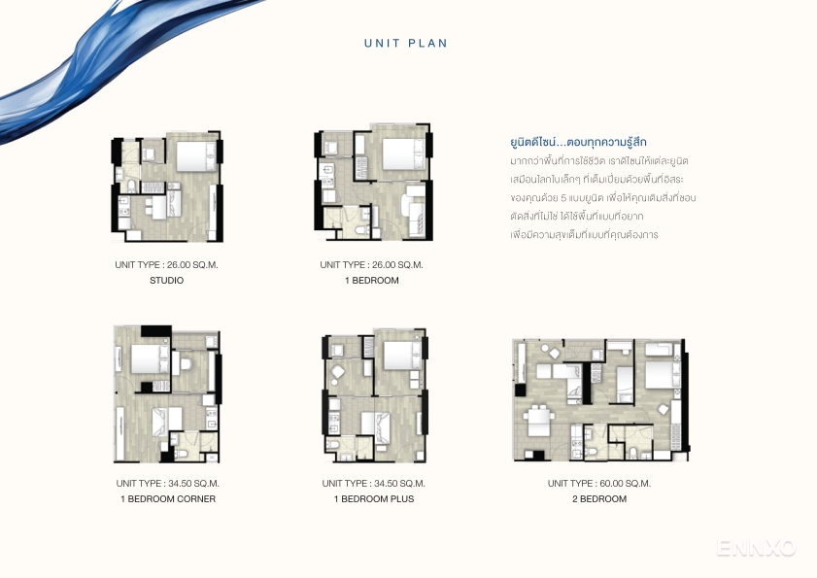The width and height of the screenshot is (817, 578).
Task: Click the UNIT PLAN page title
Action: [x=406, y=44]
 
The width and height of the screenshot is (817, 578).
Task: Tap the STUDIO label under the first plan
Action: [x=167, y=281]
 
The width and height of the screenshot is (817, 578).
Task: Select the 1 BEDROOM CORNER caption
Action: [x=168, y=498]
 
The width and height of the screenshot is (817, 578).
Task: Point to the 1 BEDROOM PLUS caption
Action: [x=374, y=498]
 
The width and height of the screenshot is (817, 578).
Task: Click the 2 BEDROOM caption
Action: [x=599, y=498]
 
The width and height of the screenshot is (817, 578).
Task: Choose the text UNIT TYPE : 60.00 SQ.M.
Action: [x=599, y=483]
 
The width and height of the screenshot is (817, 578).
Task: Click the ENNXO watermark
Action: [x=756, y=548]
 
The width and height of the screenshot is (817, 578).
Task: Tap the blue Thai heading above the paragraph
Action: [x=578, y=142]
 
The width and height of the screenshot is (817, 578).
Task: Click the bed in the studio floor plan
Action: [x=196, y=155]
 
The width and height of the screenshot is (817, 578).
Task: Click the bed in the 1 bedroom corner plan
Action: [x=150, y=358]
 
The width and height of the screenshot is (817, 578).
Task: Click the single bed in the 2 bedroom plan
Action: [x=625, y=384]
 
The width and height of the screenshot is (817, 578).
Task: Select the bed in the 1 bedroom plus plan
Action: [x=402, y=355]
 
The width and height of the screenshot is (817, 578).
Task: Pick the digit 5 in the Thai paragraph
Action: [x=563, y=198]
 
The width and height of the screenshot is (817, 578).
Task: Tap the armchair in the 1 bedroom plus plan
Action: [x=337, y=373]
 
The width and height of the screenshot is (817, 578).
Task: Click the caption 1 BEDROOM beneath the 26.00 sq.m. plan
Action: [x=372, y=281]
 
